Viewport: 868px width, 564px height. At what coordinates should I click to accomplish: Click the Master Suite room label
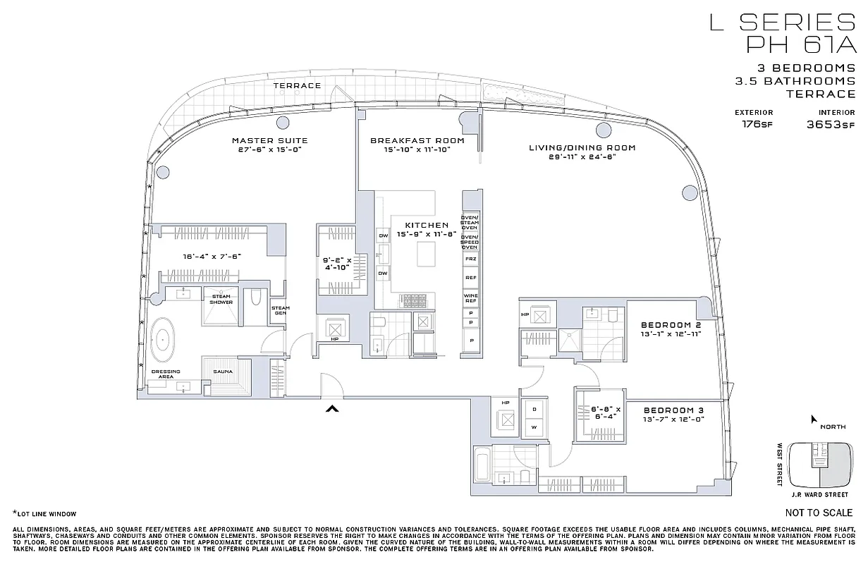pos(269,140)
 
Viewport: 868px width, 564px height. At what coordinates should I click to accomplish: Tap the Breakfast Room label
pos(417,140)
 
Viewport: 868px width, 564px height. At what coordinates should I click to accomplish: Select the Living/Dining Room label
pos(582,148)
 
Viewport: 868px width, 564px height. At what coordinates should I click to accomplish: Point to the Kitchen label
pos(427,226)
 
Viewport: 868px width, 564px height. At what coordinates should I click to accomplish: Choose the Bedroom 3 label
pos(674,410)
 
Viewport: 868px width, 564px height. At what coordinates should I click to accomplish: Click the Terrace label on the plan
pos(297,85)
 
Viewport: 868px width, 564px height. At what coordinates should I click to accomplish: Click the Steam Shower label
pos(221,299)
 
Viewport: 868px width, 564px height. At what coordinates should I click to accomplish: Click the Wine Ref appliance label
pos(470,297)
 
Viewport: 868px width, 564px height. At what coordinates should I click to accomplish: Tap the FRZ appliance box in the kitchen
pos(470,259)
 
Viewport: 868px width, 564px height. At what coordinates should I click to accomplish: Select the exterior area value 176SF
pos(754,124)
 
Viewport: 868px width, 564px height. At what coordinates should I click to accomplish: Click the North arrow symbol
pos(814,419)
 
